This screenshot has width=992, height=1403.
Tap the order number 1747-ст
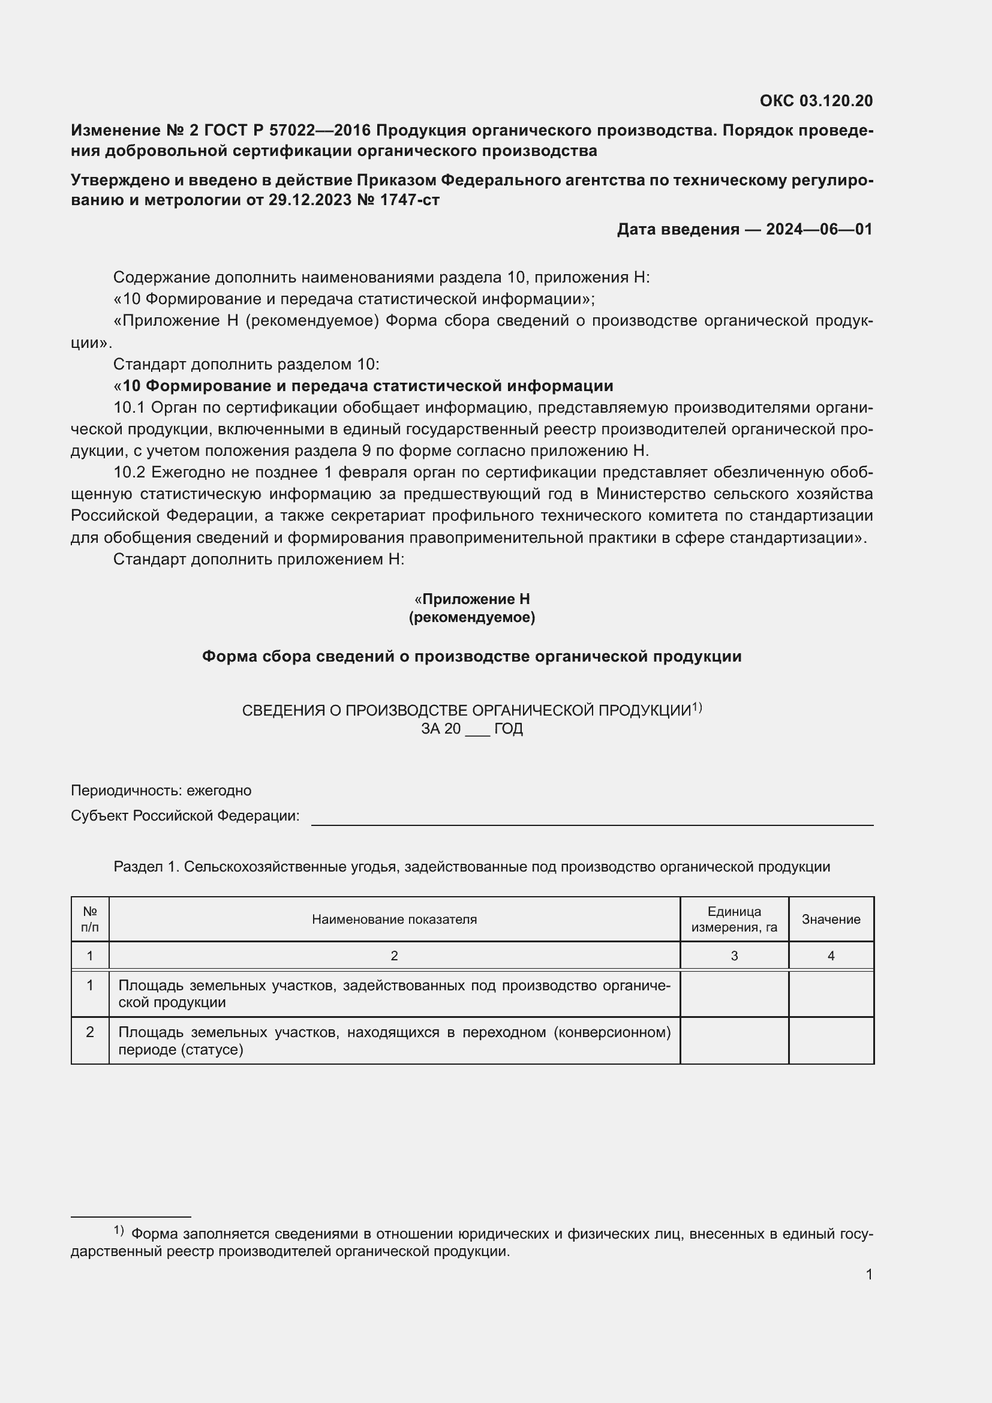pyautogui.click(x=409, y=200)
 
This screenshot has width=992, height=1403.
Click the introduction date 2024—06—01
pyautogui.click(x=819, y=229)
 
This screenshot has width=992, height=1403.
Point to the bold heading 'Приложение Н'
pyautogui.click(x=476, y=599)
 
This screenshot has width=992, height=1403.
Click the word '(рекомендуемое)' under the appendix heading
pyautogui.click(x=471, y=617)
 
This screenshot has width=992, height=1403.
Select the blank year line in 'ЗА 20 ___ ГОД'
pyautogui.click(x=477, y=729)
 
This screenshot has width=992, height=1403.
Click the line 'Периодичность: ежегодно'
pyautogui.click(x=161, y=791)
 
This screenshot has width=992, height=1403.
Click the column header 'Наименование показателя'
pyautogui.click(x=394, y=920)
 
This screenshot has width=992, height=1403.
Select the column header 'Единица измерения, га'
pyautogui.click(x=734, y=920)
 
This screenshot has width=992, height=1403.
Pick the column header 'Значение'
pyautogui.click(x=831, y=920)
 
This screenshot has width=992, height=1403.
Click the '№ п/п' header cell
pyautogui.click(x=90, y=920)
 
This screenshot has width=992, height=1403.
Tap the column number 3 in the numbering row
pyautogui.click(x=734, y=956)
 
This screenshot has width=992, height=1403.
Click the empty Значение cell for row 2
pyautogui.click(x=831, y=1041)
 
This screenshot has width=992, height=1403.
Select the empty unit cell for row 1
pyautogui.click(x=734, y=993)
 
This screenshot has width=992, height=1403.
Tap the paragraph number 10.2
pyautogui.click(x=130, y=472)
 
